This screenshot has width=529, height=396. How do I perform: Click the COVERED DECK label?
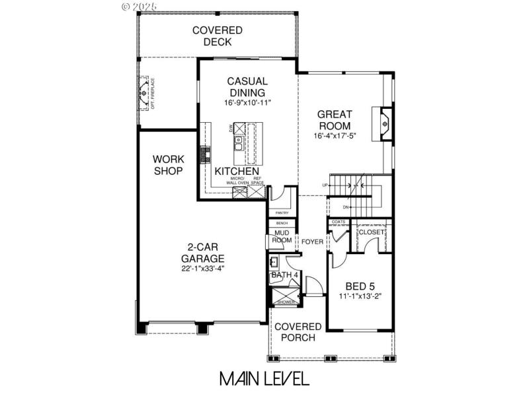pyautogui.click(x=217, y=36)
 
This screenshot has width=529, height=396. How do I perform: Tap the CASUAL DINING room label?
pyautogui.click(x=247, y=87)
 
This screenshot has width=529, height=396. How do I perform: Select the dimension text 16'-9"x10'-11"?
pyautogui.click(x=247, y=103)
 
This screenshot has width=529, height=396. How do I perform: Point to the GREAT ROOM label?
pyautogui.click(x=335, y=119)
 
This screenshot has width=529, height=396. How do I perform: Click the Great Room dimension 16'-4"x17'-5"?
pyautogui.click(x=335, y=136)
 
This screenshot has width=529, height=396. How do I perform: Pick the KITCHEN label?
pyautogui.click(x=237, y=171)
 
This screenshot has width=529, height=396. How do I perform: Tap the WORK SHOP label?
pyautogui.click(x=168, y=165)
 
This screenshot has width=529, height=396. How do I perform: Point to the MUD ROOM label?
pyautogui.click(x=282, y=236)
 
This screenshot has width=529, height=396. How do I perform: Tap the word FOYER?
pyautogui.click(x=313, y=242)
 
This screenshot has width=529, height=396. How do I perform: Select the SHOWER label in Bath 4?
pyautogui.click(x=286, y=302)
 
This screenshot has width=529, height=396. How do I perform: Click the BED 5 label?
pyautogui.click(x=360, y=286)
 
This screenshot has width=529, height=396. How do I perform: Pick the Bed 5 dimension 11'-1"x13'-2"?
pyautogui.click(x=360, y=297)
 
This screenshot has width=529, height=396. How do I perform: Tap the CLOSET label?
pyautogui.click(x=371, y=232)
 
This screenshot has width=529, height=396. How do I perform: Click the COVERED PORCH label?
pyautogui.click(x=298, y=332)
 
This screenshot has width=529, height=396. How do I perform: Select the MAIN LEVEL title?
pyautogui.click(x=264, y=379)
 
